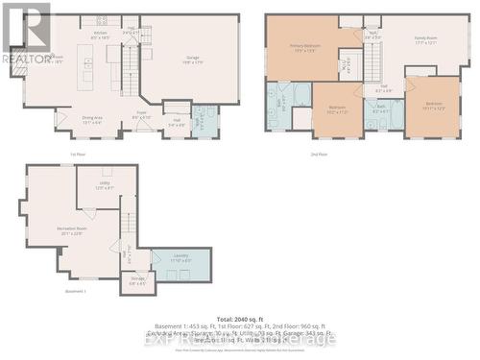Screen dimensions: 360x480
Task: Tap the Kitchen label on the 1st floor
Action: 99,35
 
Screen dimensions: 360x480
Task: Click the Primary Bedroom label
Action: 306,47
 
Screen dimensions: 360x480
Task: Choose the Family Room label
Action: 425,39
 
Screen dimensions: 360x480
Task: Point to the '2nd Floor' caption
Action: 319,154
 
